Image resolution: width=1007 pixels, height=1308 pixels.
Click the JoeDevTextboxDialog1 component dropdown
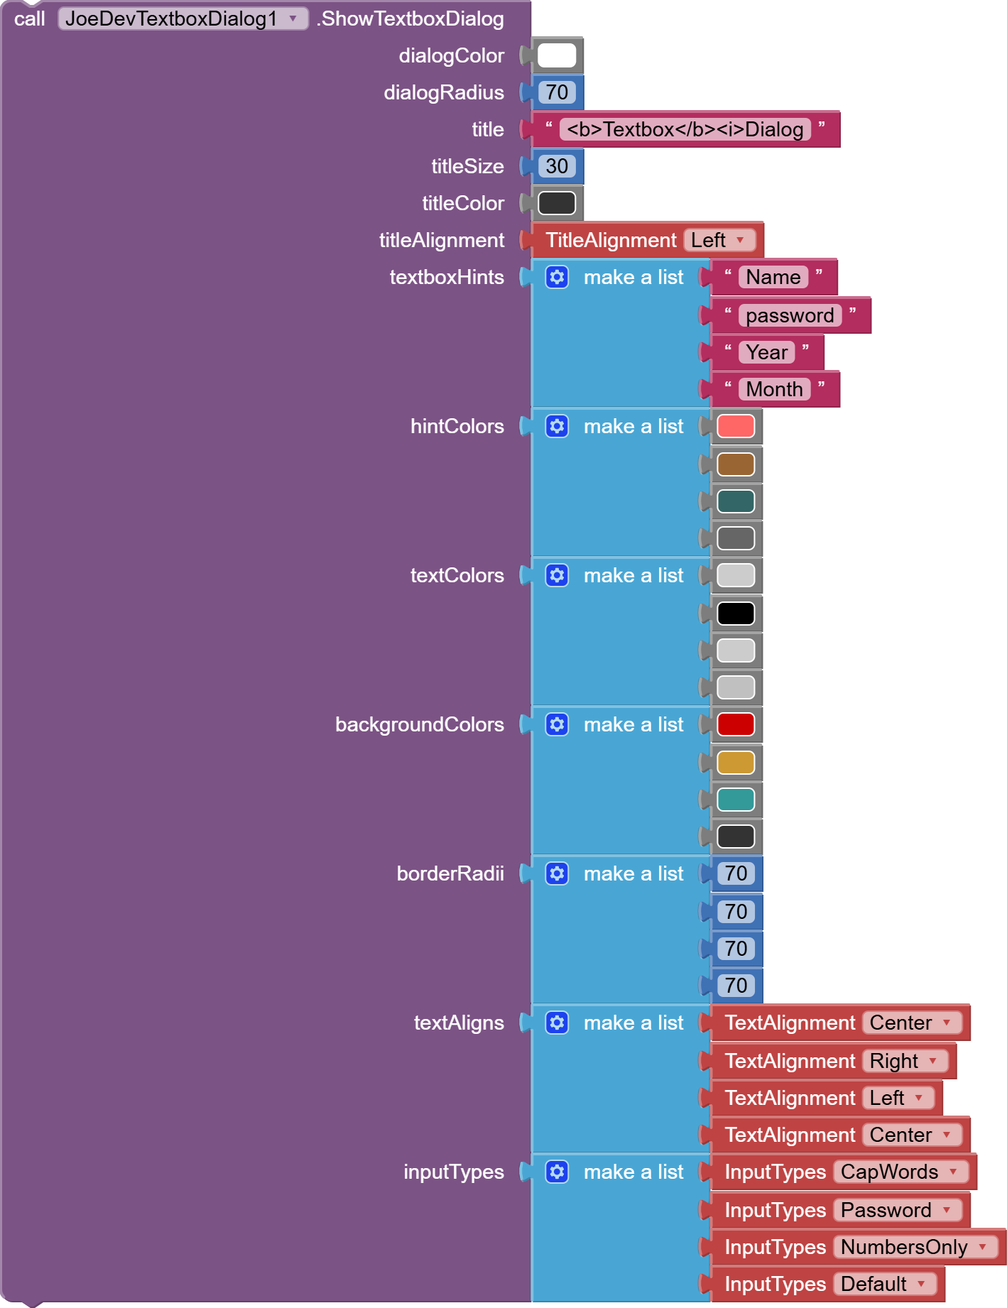pyautogui.click(x=183, y=18)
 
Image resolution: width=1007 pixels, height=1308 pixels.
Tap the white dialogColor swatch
pyautogui.click(x=557, y=55)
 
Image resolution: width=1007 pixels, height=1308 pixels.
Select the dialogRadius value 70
pyautogui.click(x=557, y=92)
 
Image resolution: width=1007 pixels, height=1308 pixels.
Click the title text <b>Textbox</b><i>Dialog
pyautogui.click(x=685, y=129)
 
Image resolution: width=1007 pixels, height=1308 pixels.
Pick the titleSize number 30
pyautogui.click(x=557, y=166)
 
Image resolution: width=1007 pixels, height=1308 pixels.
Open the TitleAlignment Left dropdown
pyautogui.click(x=718, y=240)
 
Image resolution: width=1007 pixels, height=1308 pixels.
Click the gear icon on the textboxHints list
pyautogui.click(x=557, y=277)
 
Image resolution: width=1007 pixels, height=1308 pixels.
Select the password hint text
pyautogui.click(x=790, y=315)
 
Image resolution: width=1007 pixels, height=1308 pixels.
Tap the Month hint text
pyautogui.click(x=774, y=389)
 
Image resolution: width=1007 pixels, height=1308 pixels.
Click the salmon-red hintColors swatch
pyautogui.click(x=736, y=426)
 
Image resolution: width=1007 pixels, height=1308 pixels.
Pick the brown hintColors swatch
pyautogui.click(x=736, y=464)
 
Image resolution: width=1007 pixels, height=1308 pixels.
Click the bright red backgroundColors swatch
pyautogui.click(x=736, y=724)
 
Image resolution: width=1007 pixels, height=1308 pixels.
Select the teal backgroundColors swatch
pyautogui.click(x=736, y=800)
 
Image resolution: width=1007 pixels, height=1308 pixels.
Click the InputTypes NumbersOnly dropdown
pyautogui.click(x=915, y=1247)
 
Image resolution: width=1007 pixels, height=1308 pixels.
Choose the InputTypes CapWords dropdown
pyautogui.click(x=900, y=1172)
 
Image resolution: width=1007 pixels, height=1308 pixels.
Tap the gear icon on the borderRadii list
pyautogui.click(x=557, y=873)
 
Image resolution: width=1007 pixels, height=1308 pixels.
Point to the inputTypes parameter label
pyautogui.click(x=453, y=1172)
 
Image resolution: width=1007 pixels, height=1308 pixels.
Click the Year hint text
pyautogui.click(x=766, y=352)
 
